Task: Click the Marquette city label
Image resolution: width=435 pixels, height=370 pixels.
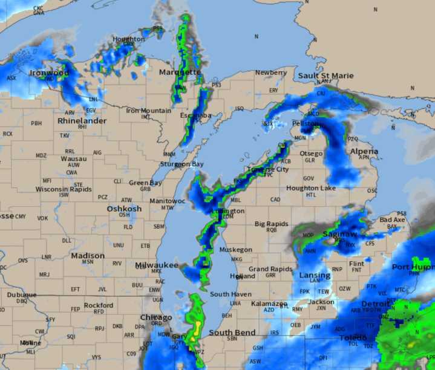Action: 179,73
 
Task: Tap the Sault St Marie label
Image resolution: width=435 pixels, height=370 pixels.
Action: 325,76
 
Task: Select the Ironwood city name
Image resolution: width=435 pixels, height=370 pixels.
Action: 50,73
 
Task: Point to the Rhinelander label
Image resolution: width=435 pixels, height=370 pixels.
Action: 82,121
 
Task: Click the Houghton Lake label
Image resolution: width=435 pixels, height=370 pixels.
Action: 311,188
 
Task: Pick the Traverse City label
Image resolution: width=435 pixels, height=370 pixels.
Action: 268,169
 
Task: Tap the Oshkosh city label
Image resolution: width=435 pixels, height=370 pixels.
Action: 124,209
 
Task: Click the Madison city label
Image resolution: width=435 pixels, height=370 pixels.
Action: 88,256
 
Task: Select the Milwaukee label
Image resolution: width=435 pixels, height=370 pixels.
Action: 157,265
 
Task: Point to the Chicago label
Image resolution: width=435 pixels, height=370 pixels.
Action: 156,317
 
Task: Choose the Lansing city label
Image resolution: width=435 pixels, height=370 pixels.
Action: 315,276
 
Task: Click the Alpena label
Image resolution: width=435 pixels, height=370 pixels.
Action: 364,152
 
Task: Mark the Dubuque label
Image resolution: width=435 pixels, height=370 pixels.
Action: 22,295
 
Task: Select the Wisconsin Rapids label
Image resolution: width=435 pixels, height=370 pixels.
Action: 64,189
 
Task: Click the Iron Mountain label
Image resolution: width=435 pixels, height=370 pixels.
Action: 148,111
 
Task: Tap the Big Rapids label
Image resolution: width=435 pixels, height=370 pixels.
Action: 272,224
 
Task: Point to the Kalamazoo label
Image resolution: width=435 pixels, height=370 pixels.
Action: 269,303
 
